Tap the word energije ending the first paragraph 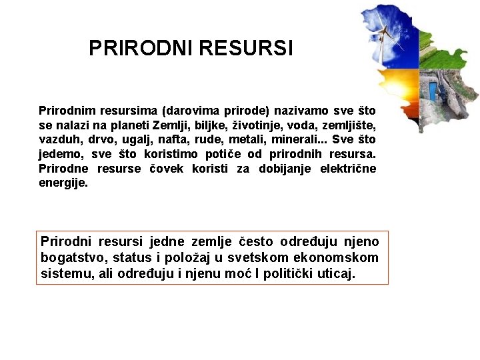click(x=63, y=183)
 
